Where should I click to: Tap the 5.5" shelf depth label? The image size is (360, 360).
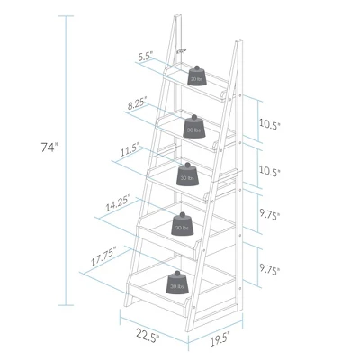point(144,56)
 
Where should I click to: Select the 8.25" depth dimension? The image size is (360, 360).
point(138,104)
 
